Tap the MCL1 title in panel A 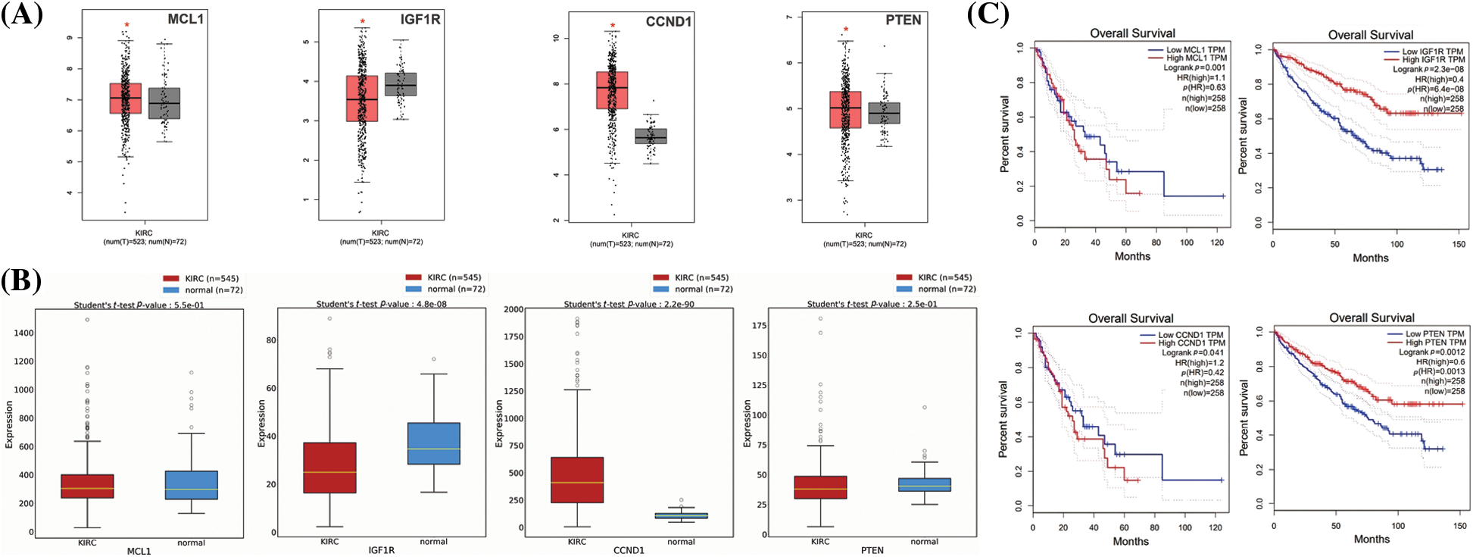[x=186, y=19]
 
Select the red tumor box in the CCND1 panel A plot [x=612, y=90]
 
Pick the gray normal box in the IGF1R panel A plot [x=401, y=84]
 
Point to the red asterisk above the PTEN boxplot [x=846, y=30]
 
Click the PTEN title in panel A [x=903, y=20]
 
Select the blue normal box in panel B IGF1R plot [x=434, y=443]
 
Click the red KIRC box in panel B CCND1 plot [x=577, y=480]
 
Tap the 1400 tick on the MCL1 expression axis [x=23, y=333]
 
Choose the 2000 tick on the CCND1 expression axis [x=513, y=309]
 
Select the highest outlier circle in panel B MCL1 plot [x=87, y=320]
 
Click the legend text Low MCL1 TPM [x=1195, y=50]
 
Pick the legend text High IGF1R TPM [x=1433, y=60]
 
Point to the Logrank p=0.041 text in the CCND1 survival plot [x=1193, y=353]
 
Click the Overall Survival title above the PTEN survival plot [x=1372, y=318]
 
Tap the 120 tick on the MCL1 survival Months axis [x=1217, y=243]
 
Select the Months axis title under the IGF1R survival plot [x=1371, y=258]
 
